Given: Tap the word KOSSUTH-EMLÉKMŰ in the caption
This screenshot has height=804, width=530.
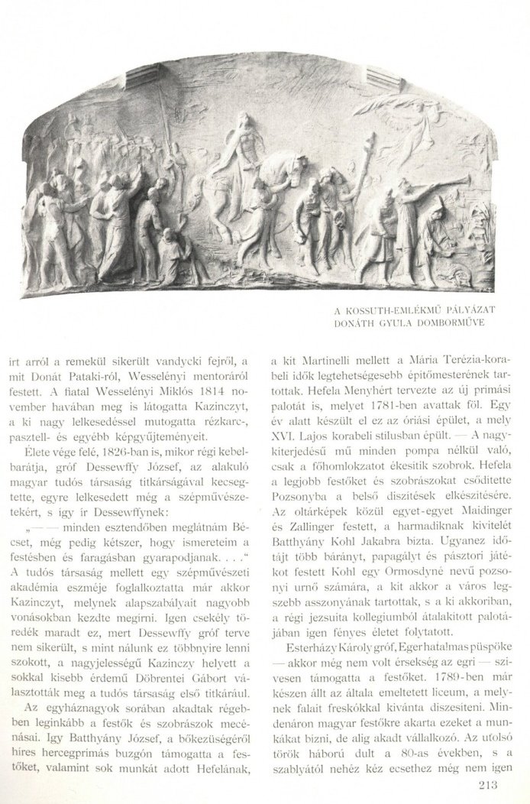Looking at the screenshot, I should point(396,310).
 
